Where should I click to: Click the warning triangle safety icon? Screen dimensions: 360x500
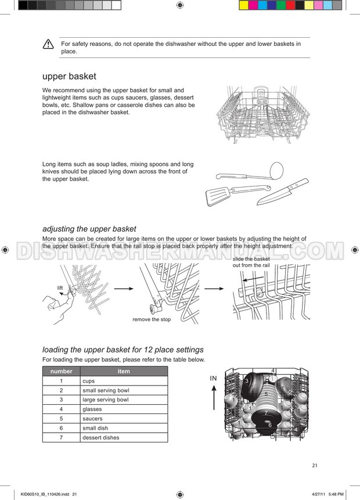click(x=48, y=44)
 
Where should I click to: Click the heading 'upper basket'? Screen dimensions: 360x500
click(x=69, y=76)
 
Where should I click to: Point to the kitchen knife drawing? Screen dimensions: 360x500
click(x=283, y=192)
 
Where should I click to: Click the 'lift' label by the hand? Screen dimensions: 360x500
click(x=60, y=288)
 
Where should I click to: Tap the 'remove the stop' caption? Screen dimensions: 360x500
click(x=152, y=319)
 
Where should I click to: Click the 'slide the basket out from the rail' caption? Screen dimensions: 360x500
click(x=251, y=262)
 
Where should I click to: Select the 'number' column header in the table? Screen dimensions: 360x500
click(x=61, y=371)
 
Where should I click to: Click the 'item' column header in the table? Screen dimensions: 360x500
click(x=124, y=371)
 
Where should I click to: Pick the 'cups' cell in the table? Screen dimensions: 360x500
click(x=124, y=381)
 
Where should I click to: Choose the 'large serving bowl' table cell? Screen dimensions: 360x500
click(x=124, y=400)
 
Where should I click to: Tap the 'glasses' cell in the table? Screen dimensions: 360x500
click(x=124, y=409)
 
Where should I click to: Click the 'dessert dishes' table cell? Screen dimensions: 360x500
click(x=124, y=437)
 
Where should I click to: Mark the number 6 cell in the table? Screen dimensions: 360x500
click(x=61, y=428)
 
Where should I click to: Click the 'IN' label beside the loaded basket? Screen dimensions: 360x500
click(x=213, y=378)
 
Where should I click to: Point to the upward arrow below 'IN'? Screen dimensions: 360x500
click(x=214, y=398)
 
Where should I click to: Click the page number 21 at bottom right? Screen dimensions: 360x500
click(x=315, y=466)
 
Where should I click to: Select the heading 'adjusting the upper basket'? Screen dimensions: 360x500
click(x=89, y=229)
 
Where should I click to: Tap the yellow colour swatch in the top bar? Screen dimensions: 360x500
click(x=244, y=5)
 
